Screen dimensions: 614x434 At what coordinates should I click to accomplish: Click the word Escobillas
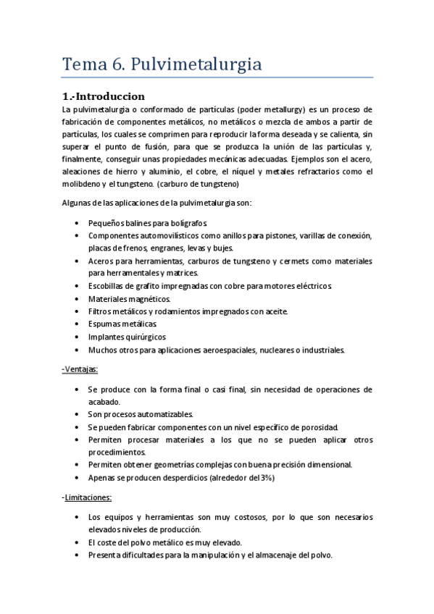(x=109, y=286)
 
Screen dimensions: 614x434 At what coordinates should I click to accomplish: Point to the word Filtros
(x=101, y=311)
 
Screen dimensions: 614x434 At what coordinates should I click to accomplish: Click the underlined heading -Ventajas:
(x=80, y=369)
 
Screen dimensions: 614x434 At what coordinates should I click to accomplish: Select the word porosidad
(x=319, y=427)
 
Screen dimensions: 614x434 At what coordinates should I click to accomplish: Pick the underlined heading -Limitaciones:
(x=86, y=497)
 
